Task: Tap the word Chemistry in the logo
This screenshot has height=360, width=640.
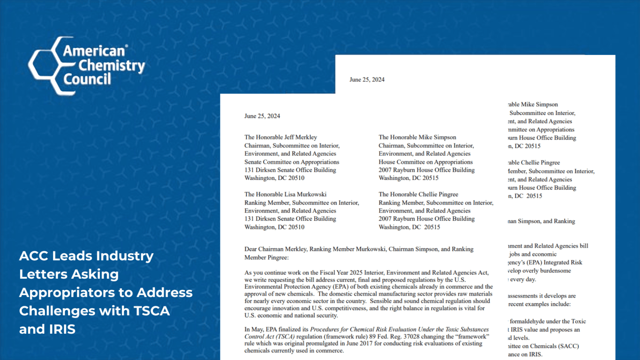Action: pyautogui.click(x=112, y=65)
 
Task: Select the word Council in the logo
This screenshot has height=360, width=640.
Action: pyautogui.click(x=87, y=79)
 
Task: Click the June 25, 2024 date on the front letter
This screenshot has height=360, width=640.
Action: pyautogui.click(x=262, y=116)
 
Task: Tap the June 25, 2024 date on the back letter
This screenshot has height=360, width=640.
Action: pyautogui.click(x=367, y=80)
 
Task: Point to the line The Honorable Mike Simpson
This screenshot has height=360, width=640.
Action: pyautogui.click(x=417, y=137)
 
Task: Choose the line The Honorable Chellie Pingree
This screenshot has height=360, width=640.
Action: pyautogui.click(x=418, y=194)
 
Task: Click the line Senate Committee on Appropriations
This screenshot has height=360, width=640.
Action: pyautogui.click(x=292, y=162)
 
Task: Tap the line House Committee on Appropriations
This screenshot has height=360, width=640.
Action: pyautogui.click(x=425, y=162)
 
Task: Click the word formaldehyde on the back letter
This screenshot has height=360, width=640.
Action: pyautogui.click(x=528, y=321)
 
